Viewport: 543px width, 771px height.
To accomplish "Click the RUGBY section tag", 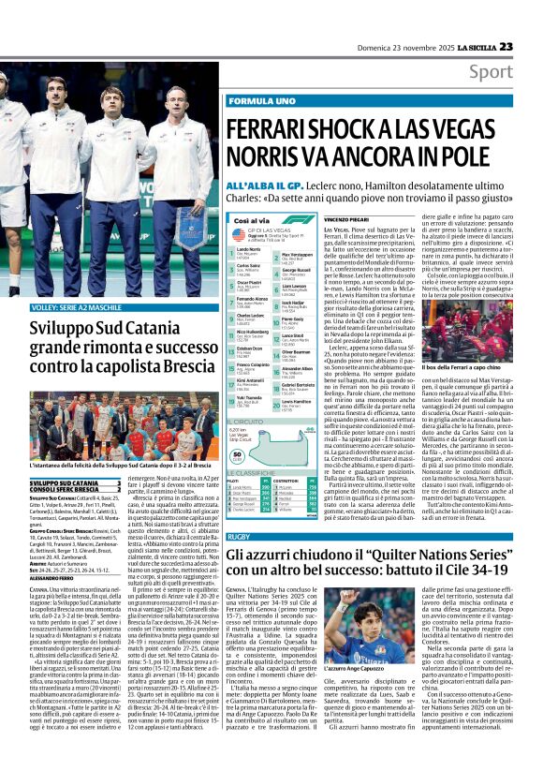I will (241, 536).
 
